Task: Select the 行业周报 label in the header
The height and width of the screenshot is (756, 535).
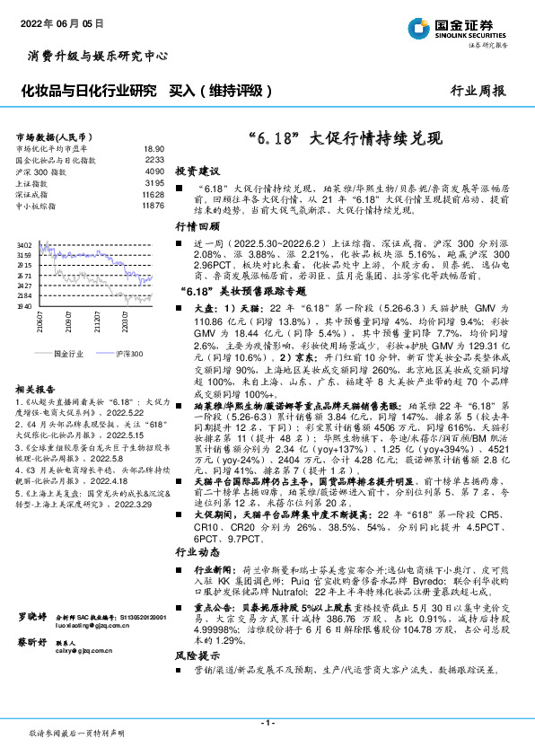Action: pos(477,91)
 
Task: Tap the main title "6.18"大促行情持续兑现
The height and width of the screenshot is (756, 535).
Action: pos(345,139)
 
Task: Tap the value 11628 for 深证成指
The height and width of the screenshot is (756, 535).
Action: pos(153,194)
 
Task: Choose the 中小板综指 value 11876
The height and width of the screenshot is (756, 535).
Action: pos(153,206)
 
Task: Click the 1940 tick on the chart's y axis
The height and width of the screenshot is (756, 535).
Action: pos(24,306)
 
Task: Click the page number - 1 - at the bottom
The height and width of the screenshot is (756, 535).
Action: pos(267,723)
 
